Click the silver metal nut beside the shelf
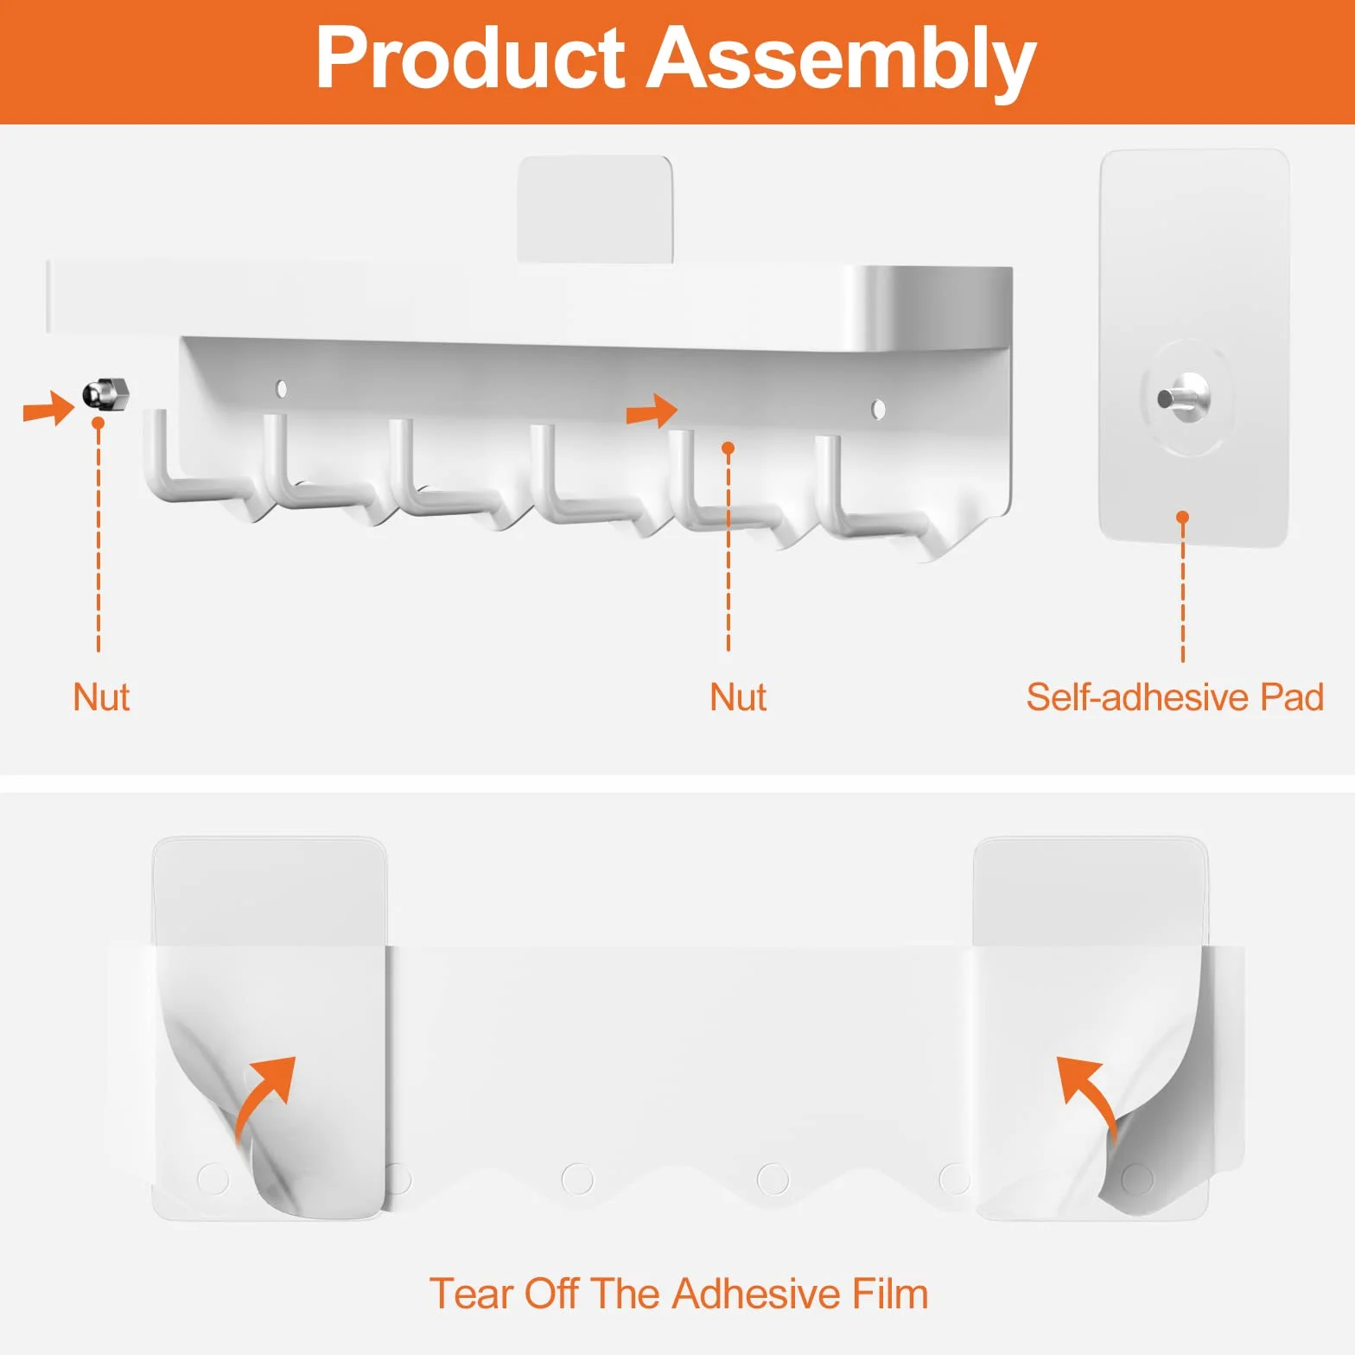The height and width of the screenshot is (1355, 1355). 105,393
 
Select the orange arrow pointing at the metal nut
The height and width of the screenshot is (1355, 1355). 48,408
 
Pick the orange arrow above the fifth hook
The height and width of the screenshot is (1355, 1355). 652,410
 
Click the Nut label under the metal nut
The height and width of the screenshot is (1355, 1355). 101,697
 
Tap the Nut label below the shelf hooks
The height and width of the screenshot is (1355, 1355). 738,697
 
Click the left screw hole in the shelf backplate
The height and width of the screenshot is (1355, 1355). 281,389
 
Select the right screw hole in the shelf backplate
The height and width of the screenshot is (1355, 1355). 878,409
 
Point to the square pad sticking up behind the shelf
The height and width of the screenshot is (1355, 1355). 595,208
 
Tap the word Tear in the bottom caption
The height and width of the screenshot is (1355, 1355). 473,1295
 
